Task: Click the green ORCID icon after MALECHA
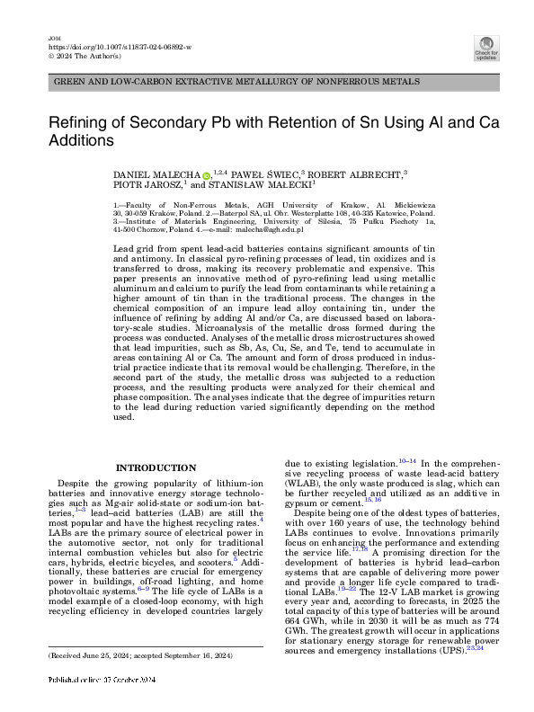(x=205, y=174)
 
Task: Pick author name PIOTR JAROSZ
(x=147, y=185)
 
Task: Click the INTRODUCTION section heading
(x=156, y=467)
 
